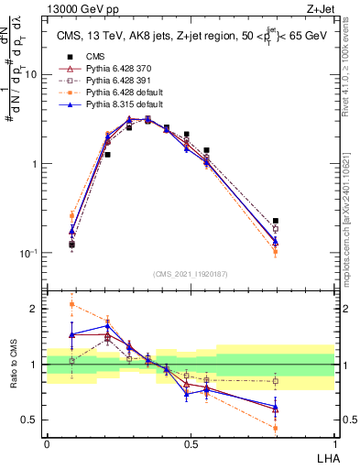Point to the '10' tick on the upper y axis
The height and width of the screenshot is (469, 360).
point(31,75)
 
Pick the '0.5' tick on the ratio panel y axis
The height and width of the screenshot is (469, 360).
point(31,420)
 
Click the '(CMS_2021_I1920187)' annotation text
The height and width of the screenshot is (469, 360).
point(191,274)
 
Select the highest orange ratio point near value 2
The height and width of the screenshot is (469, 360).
point(71,304)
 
